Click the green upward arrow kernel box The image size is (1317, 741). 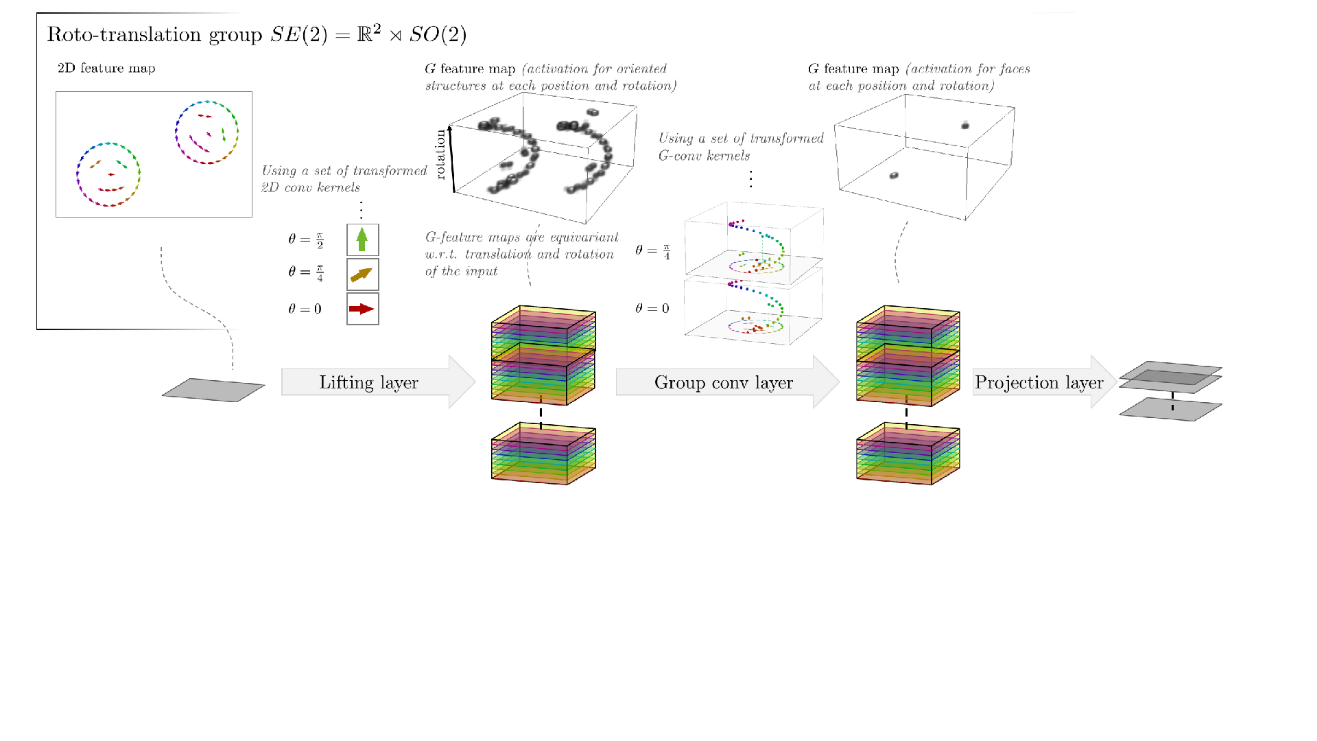tap(362, 239)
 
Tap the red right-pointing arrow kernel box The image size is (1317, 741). tap(362, 308)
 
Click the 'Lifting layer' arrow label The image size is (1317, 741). tap(369, 383)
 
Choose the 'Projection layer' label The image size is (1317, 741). tap(1039, 383)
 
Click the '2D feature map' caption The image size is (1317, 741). tap(106, 68)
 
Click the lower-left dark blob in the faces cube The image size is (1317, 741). tap(894, 175)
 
